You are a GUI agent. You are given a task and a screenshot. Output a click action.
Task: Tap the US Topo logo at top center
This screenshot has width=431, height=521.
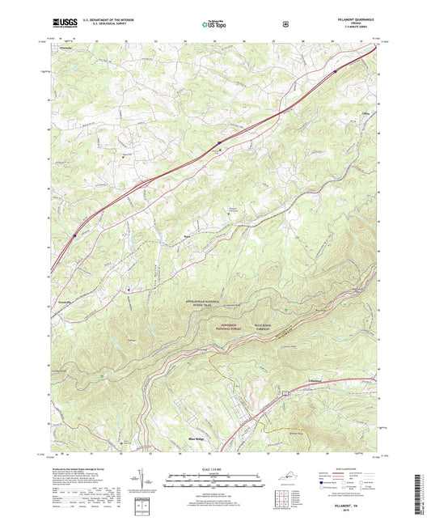[x=214, y=25]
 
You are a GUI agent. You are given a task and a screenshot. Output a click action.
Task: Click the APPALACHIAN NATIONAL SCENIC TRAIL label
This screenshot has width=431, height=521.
[x=213, y=300]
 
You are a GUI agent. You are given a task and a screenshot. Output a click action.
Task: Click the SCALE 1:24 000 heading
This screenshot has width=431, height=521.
[x=214, y=469]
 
